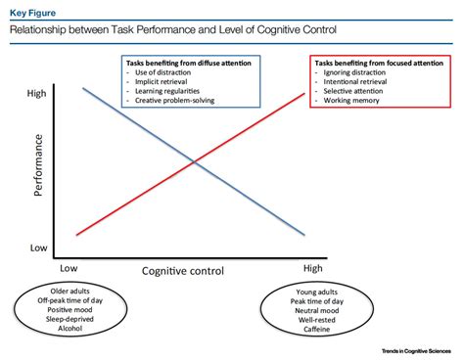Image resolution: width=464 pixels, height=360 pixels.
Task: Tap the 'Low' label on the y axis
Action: point(37,248)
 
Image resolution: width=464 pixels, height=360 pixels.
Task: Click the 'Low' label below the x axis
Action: point(69,268)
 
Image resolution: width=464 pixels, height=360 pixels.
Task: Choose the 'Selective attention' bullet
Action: point(355,91)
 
